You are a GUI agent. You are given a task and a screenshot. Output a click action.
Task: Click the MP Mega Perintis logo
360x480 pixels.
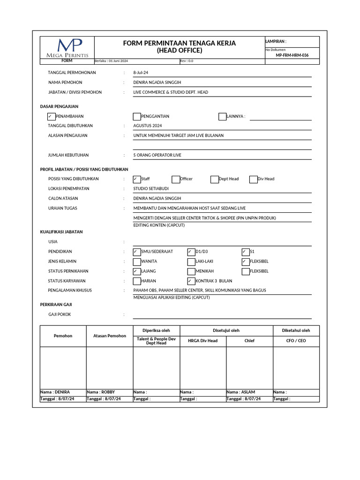pos(67,48)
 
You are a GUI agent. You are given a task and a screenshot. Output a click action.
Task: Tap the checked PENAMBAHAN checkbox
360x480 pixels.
pos(51,116)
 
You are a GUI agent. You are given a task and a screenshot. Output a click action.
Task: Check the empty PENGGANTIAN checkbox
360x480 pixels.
pos(137,116)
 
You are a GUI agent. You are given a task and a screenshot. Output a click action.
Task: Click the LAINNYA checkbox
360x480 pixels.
pos(223,116)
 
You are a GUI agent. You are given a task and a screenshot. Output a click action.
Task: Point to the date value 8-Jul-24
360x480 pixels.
pos(141,73)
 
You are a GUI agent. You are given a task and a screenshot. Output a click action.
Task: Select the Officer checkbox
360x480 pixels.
pos(176,179)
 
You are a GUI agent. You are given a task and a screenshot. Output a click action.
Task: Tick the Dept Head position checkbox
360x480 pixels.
pos(215,179)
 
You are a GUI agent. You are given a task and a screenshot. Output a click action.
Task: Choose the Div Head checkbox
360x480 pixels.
pos(254,179)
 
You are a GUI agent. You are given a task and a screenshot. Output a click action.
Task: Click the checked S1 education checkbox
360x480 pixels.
pos(246,252)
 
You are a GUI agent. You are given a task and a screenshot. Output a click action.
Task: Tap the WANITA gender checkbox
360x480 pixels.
pos(137,262)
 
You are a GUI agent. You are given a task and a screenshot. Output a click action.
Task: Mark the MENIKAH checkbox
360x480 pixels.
pos(191,271)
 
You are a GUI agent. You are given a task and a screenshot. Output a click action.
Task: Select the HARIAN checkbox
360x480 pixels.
pos(137,281)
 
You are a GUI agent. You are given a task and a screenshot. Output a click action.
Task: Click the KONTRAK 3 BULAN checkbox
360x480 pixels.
pos(191,281)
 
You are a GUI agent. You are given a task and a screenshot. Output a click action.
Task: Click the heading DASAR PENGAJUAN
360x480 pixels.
pos(59,106)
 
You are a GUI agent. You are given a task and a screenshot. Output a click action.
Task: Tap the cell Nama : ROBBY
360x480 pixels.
pos(109,392)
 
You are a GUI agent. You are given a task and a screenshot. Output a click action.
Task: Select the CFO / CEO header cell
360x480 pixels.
pos(296,341)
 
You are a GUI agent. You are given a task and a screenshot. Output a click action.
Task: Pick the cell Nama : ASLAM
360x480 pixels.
pos(249,392)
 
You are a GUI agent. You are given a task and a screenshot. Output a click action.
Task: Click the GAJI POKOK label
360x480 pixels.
pos(60,315)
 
